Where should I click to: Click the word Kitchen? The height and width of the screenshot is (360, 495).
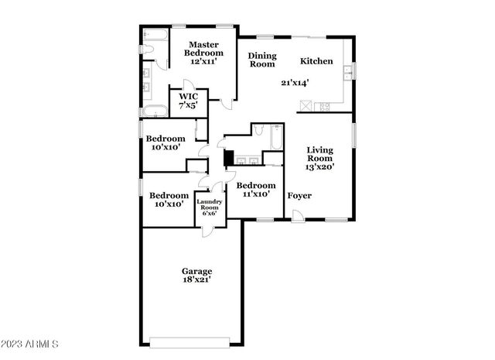coord(316,61)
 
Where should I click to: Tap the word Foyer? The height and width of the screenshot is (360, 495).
coord(299,196)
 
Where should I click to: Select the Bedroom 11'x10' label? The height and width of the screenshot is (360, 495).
coord(256,190)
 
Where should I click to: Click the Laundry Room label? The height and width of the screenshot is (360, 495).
coord(210,207)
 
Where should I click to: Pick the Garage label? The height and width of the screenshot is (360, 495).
coord(197,271)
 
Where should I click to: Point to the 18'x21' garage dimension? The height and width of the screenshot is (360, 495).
coord(197,279)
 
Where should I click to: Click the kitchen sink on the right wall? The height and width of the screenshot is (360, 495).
coord(349,73)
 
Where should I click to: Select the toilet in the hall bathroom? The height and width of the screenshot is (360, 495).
coord(259,130)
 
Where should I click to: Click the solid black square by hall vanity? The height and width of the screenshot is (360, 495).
coord(228,157)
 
